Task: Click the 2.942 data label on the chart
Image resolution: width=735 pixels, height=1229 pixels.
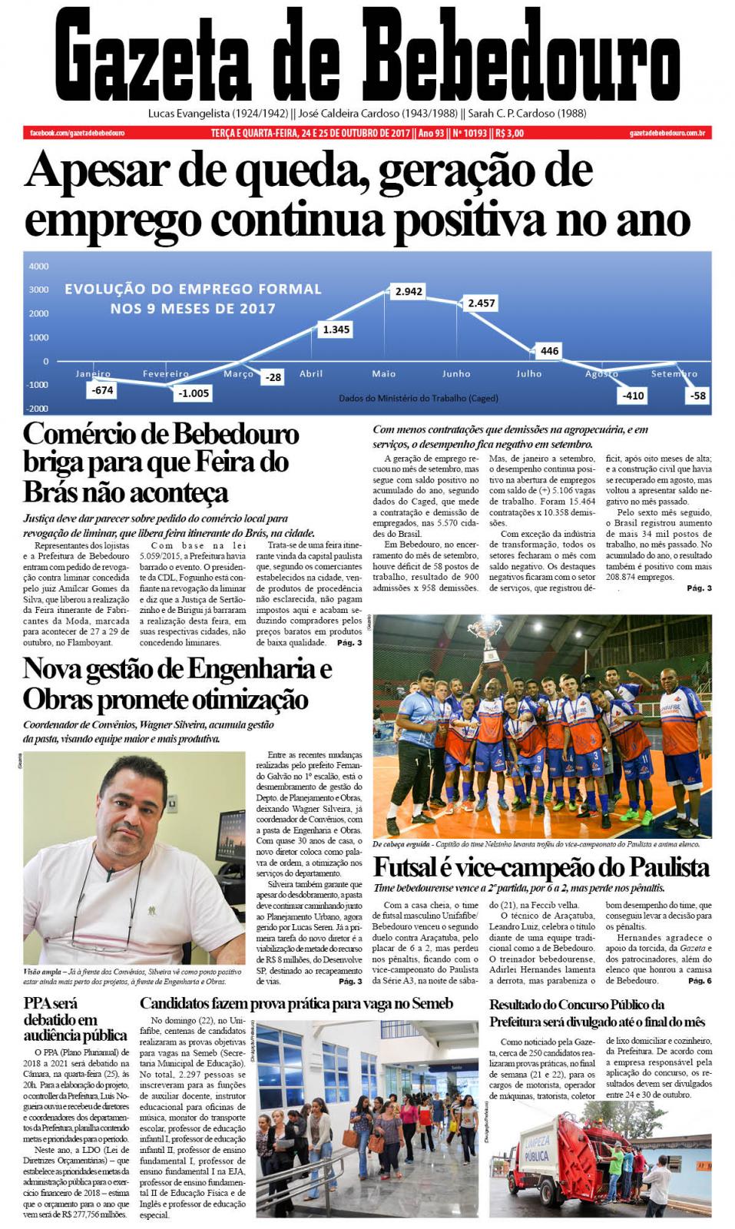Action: pyautogui.click(x=409, y=292)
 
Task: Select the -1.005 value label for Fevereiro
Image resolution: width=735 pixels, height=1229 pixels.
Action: pyautogui.click(x=194, y=393)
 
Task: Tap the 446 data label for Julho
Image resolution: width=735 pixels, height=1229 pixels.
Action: pyautogui.click(x=549, y=351)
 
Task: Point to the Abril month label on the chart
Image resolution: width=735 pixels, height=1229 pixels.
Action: pyautogui.click(x=311, y=374)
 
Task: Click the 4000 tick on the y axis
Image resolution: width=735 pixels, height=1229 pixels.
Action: pyautogui.click(x=38, y=267)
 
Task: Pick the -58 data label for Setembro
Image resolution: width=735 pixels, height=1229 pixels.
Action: pyautogui.click(x=697, y=396)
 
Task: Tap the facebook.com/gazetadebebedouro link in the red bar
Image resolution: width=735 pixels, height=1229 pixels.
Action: pyautogui.click(x=77, y=133)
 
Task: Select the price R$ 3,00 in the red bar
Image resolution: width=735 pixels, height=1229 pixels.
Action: pyautogui.click(x=510, y=133)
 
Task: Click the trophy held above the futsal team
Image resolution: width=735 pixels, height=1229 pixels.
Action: pyautogui.click(x=488, y=637)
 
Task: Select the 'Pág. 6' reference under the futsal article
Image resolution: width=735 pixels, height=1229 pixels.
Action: pyautogui.click(x=700, y=981)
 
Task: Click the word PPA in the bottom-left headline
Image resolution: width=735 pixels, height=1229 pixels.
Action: pyautogui.click(x=40, y=1003)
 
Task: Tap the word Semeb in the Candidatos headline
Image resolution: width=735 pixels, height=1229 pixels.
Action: pyautogui.click(x=429, y=1003)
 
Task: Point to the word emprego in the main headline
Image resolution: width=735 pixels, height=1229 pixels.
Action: pyautogui.click(x=113, y=220)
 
